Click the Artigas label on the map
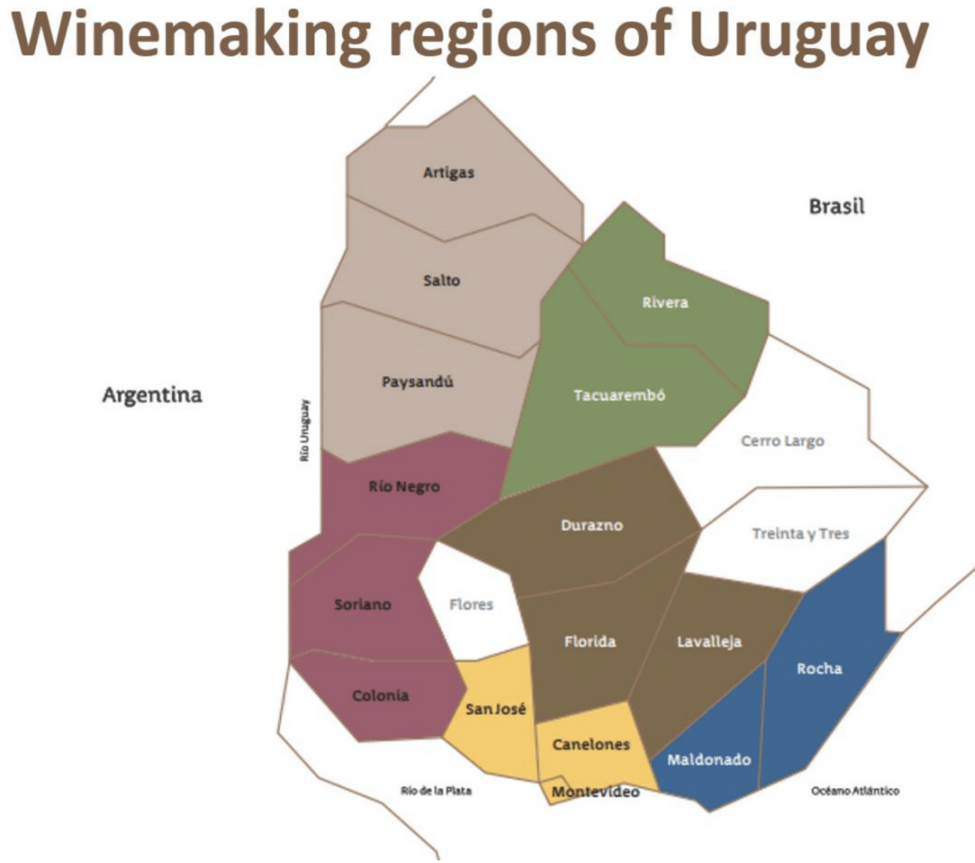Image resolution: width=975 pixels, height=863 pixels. coord(448,173)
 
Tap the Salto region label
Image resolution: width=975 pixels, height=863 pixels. coord(442,280)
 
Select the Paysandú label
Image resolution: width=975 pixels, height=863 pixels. coord(418,382)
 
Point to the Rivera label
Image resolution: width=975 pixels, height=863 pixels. coord(665,303)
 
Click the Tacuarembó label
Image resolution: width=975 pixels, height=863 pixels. coord(619,395)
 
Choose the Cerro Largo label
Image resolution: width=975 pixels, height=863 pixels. coord(782,441)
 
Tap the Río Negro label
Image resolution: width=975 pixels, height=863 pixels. coord(404,487)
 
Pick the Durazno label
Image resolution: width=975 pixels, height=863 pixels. coord(592,525)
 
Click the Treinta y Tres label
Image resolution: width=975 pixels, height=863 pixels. coord(800,534)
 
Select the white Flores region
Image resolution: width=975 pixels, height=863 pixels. coord(471,604)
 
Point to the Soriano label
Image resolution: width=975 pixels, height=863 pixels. coord(363,604)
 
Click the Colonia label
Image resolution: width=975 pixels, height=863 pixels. coord(381,696)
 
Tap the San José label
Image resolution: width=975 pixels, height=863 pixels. coord(496,709)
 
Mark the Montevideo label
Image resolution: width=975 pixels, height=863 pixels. coord(596,792)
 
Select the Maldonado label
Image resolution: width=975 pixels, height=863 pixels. coord(709,760)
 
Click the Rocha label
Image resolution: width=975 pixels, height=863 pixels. coord(819,668)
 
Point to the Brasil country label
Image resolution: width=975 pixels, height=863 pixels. coord(836,207)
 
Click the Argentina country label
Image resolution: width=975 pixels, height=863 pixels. coord(152,395)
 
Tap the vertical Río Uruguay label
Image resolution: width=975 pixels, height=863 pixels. coord(304,430)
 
